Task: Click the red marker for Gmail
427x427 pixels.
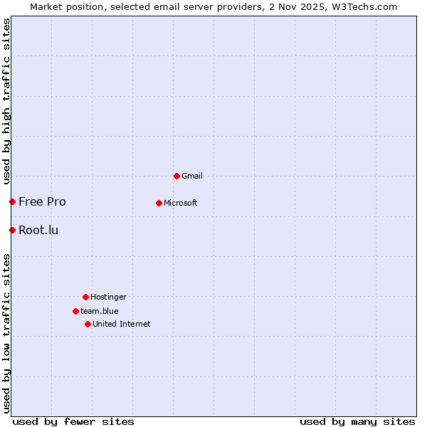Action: coord(176,176)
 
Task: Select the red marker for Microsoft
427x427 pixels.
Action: coord(159,203)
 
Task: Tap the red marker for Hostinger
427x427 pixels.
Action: coord(85,297)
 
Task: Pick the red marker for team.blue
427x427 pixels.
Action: coord(75,311)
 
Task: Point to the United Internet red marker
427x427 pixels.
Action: coord(88,324)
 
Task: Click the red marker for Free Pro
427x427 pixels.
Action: coord(12,201)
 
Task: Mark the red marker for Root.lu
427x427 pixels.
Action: coord(12,230)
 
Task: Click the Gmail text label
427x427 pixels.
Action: coord(192,176)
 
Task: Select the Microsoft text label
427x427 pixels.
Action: coord(180,203)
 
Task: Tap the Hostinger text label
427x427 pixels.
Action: coord(108,297)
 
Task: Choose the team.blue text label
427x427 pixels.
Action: coord(99,311)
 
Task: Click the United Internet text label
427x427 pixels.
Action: coord(121,324)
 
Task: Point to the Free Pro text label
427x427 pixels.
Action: coord(42,201)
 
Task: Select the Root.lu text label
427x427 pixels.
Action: coord(38,230)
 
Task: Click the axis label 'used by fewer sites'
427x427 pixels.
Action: coord(73,421)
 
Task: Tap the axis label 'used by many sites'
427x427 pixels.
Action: coord(357,421)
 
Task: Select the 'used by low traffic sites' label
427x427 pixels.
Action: coord(6,333)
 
